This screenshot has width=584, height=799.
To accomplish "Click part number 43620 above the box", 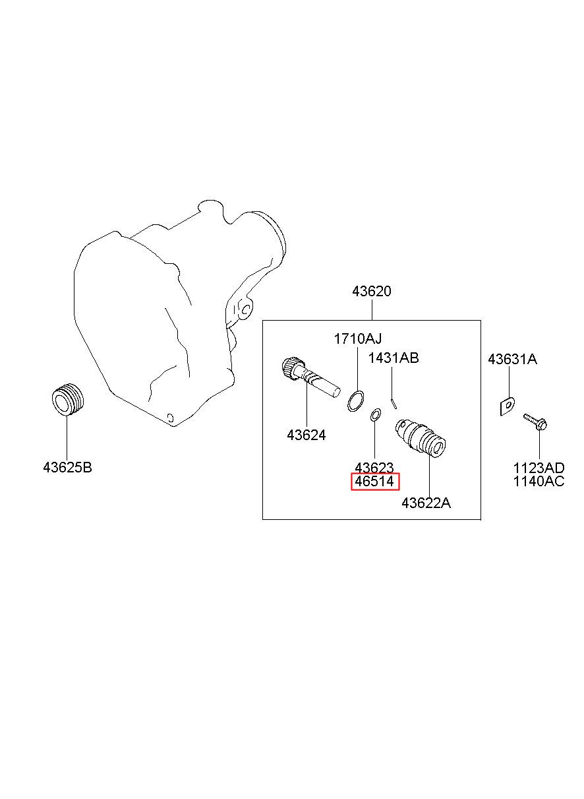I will pyautogui.click(x=372, y=291).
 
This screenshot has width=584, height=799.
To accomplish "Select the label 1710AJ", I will pyautogui.click(x=357, y=339).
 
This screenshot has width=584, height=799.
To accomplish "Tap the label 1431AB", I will pyautogui.click(x=394, y=358).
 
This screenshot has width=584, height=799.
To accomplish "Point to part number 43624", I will pyautogui.click(x=306, y=435).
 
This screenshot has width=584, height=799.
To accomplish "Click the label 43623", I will pyautogui.click(x=374, y=467).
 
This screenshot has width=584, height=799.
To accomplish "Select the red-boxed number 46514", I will pyautogui.click(x=374, y=482).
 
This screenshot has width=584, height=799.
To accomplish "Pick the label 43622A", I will pyautogui.click(x=426, y=503).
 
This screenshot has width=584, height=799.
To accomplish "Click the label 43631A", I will pyautogui.click(x=512, y=360).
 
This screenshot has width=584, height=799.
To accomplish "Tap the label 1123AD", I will pyautogui.click(x=539, y=468).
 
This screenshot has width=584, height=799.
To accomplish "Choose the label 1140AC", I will pyautogui.click(x=539, y=481).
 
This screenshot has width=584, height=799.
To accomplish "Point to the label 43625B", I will pyautogui.click(x=67, y=468).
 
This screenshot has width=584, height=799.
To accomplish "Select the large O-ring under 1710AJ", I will pyautogui.click(x=356, y=400).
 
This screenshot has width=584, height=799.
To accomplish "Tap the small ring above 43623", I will pyautogui.click(x=375, y=415).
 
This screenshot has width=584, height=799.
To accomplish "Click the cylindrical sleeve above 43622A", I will pyautogui.click(x=420, y=437).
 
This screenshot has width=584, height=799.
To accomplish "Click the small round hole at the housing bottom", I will pyautogui.click(x=171, y=417).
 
